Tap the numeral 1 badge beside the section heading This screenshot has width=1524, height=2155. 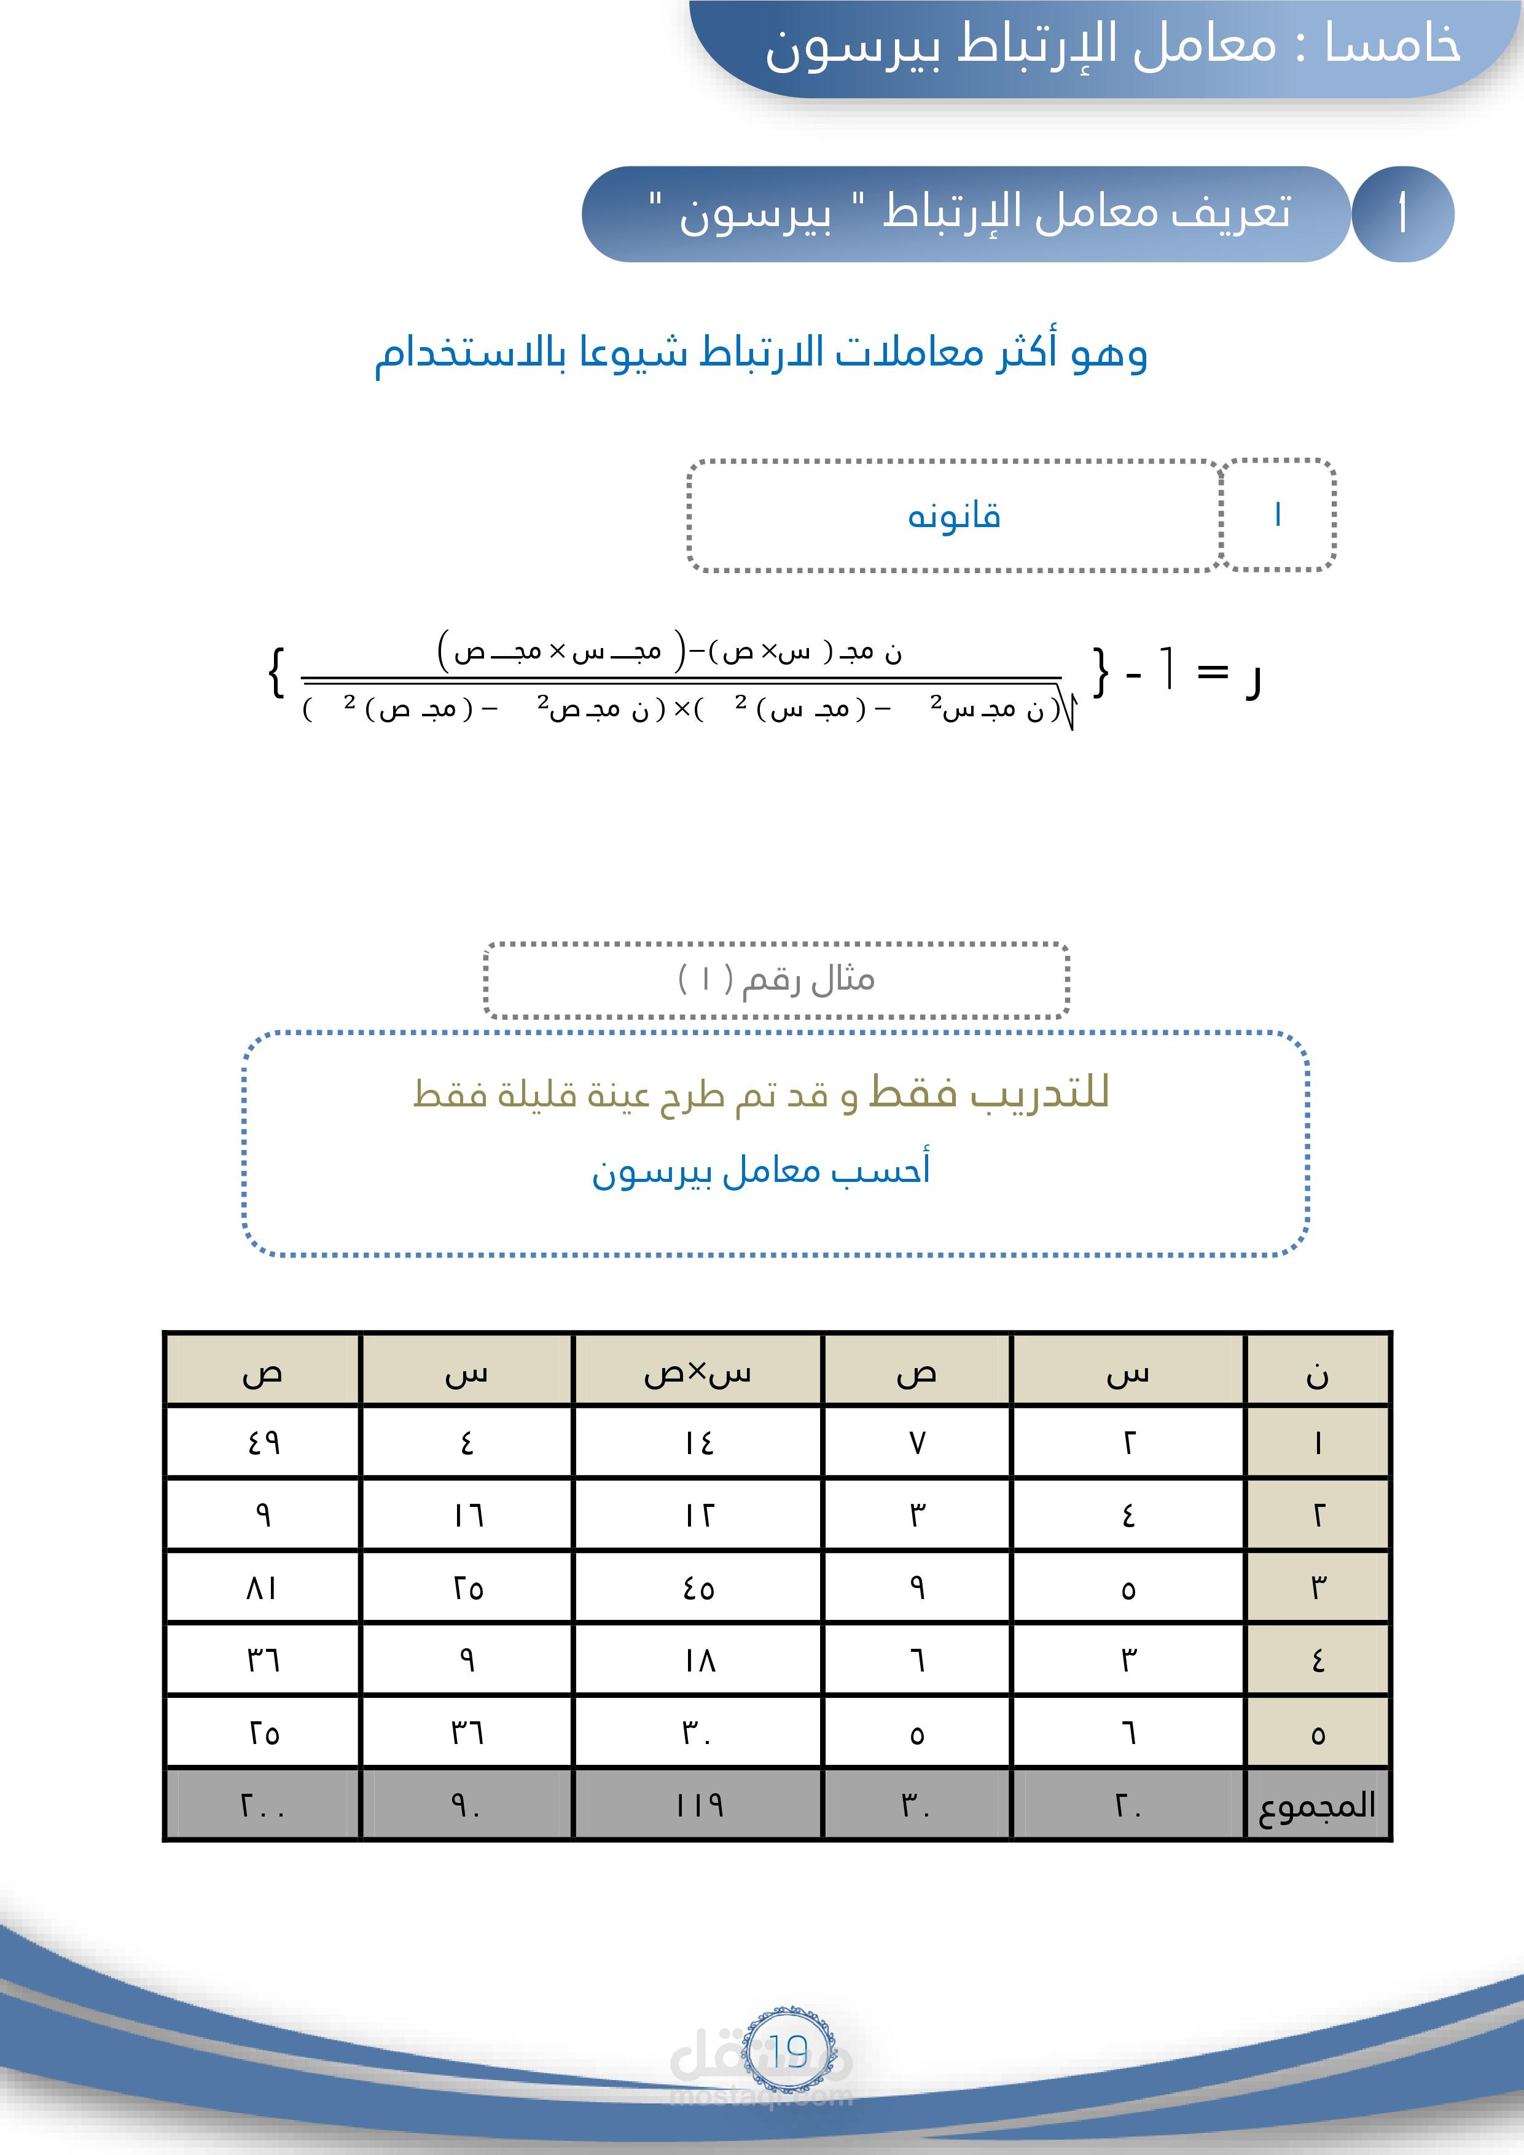point(1402,214)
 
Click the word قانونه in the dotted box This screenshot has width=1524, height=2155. point(953,516)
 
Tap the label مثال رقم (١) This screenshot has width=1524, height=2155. point(776,980)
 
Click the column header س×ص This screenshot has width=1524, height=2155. point(697,1373)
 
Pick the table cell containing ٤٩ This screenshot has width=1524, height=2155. point(263,1442)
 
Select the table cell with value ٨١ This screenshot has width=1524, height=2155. point(263,1588)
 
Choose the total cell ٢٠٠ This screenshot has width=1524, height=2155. point(263,1804)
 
